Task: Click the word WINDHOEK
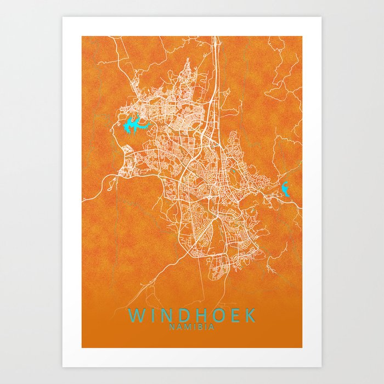pos(192,315)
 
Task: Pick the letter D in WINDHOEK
pos(183,315)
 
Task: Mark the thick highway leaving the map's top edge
pos(217,41)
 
